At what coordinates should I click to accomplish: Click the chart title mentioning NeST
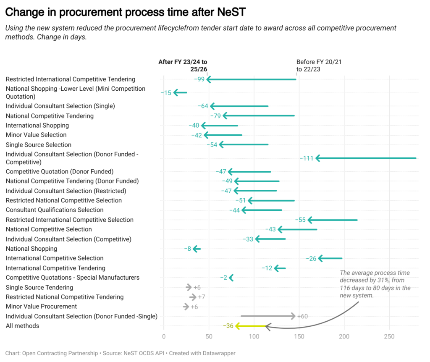click(x=125, y=12)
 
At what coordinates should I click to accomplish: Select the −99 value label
click(x=199, y=79)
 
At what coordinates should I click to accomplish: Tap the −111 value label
click(x=307, y=158)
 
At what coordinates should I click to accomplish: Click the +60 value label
click(x=302, y=316)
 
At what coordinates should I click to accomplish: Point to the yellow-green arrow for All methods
click(x=251, y=326)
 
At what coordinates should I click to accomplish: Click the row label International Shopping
click(x=37, y=125)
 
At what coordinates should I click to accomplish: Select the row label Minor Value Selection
click(x=36, y=135)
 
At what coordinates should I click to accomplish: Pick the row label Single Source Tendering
click(x=39, y=287)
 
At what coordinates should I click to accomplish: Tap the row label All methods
click(x=22, y=326)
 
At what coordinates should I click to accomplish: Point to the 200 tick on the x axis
click(x=344, y=336)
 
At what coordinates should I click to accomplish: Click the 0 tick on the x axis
click(x=164, y=336)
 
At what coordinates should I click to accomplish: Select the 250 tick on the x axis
click(x=389, y=336)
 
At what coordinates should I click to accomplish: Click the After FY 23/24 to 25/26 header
click(x=183, y=66)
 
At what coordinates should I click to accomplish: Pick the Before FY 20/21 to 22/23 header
click(x=319, y=66)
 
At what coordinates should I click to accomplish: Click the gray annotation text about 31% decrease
click(x=375, y=284)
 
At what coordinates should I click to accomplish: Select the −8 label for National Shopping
click(x=188, y=249)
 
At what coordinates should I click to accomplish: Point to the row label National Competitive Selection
click(x=49, y=229)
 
